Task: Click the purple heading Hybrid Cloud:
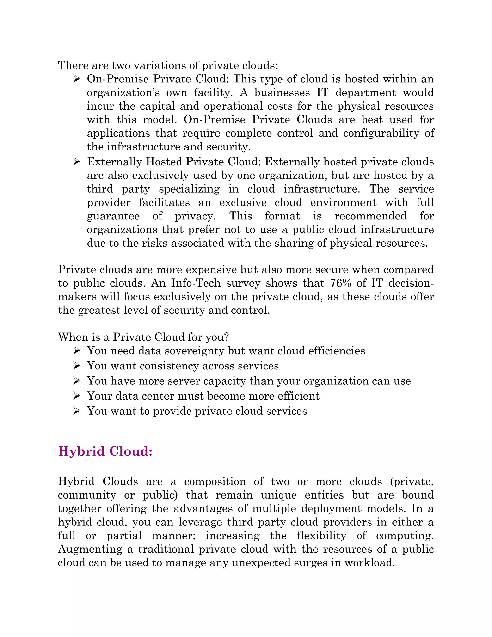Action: pyautogui.click(x=105, y=451)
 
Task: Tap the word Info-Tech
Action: pyautogui.click(x=196, y=283)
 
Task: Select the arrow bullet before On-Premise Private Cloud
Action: pyautogui.click(x=77, y=79)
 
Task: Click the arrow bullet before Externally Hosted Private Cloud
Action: pyautogui.click(x=77, y=162)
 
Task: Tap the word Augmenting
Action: pyautogui.click(x=90, y=549)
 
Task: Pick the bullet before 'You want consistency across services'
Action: pyautogui.click(x=77, y=366)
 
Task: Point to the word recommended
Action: pyautogui.click(x=370, y=216)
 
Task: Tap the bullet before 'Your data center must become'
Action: pyautogui.click(x=77, y=396)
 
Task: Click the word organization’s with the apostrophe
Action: pyautogui.click(x=123, y=93)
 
